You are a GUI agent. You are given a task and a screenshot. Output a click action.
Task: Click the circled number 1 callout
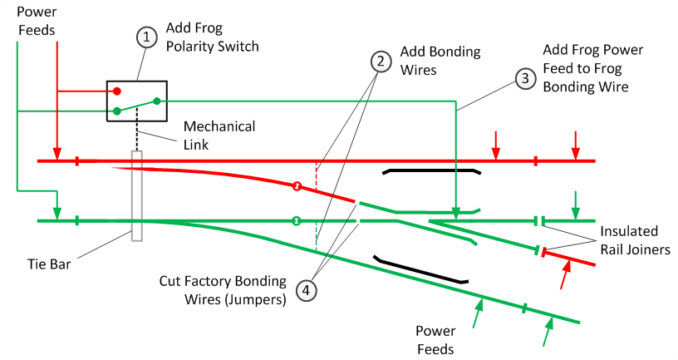click(x=146, y=37)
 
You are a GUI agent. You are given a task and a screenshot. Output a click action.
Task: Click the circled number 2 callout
click(x=381, y=61)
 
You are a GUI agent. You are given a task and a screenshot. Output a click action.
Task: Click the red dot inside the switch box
click(x=118, y=91)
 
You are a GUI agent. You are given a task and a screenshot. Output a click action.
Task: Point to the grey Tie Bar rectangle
click(x=137, y=196)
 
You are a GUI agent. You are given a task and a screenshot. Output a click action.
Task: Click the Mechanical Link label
click(x=219, y=136)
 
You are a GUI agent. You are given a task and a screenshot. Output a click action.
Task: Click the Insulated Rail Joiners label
click(x=628, y=239)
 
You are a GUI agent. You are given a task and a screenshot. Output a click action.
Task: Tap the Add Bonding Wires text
click(x=440, y=62)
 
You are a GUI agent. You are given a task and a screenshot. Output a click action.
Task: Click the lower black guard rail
click(x=420, y=269)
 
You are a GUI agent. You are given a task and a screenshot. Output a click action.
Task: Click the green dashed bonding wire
click(x=316, y=236)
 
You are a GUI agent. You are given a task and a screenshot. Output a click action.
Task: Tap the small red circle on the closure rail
click(x=296, y=186)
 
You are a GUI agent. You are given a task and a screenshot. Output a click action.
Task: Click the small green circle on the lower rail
click(x=296, y=221)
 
